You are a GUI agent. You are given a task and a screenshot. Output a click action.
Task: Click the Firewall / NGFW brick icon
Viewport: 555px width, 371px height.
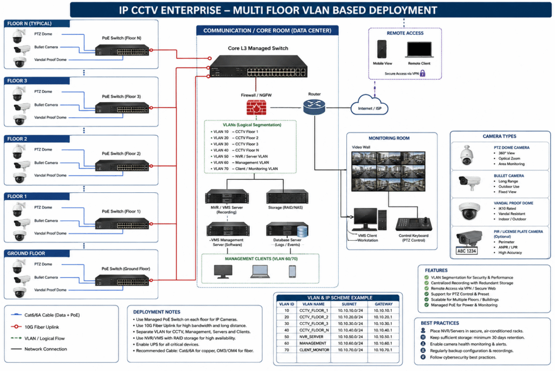[256, 107]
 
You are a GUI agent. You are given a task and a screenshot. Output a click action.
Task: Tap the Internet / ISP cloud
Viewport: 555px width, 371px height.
[369, 105]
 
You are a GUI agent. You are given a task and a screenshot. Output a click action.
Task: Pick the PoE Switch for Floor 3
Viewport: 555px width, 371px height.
[122, 108]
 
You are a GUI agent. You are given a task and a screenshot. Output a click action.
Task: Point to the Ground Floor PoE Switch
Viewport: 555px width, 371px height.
[122, 280]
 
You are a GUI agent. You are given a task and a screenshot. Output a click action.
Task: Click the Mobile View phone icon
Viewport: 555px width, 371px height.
[382, 49]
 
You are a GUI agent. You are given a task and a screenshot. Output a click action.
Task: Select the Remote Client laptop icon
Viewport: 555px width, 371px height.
[419, 49]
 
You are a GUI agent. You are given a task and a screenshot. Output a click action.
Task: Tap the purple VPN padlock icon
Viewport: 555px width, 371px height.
[422, 73]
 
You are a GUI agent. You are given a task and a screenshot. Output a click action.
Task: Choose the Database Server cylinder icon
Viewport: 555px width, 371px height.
[302, 231]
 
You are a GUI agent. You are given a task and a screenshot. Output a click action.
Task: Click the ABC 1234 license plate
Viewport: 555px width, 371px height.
[467, 251]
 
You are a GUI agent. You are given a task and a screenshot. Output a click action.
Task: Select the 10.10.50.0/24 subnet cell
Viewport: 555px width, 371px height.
[350, 337]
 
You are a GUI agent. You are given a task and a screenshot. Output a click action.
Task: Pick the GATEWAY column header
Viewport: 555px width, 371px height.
[384, 304]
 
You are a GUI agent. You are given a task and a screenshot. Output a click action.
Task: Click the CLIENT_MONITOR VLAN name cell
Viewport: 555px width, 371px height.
[314, 350]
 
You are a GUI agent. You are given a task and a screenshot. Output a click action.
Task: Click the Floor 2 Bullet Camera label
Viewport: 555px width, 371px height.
[46, 163]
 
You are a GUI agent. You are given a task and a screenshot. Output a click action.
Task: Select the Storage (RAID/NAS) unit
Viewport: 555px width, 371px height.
[287, 197]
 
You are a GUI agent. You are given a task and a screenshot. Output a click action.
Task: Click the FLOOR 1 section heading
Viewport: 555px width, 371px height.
[17, 196]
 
